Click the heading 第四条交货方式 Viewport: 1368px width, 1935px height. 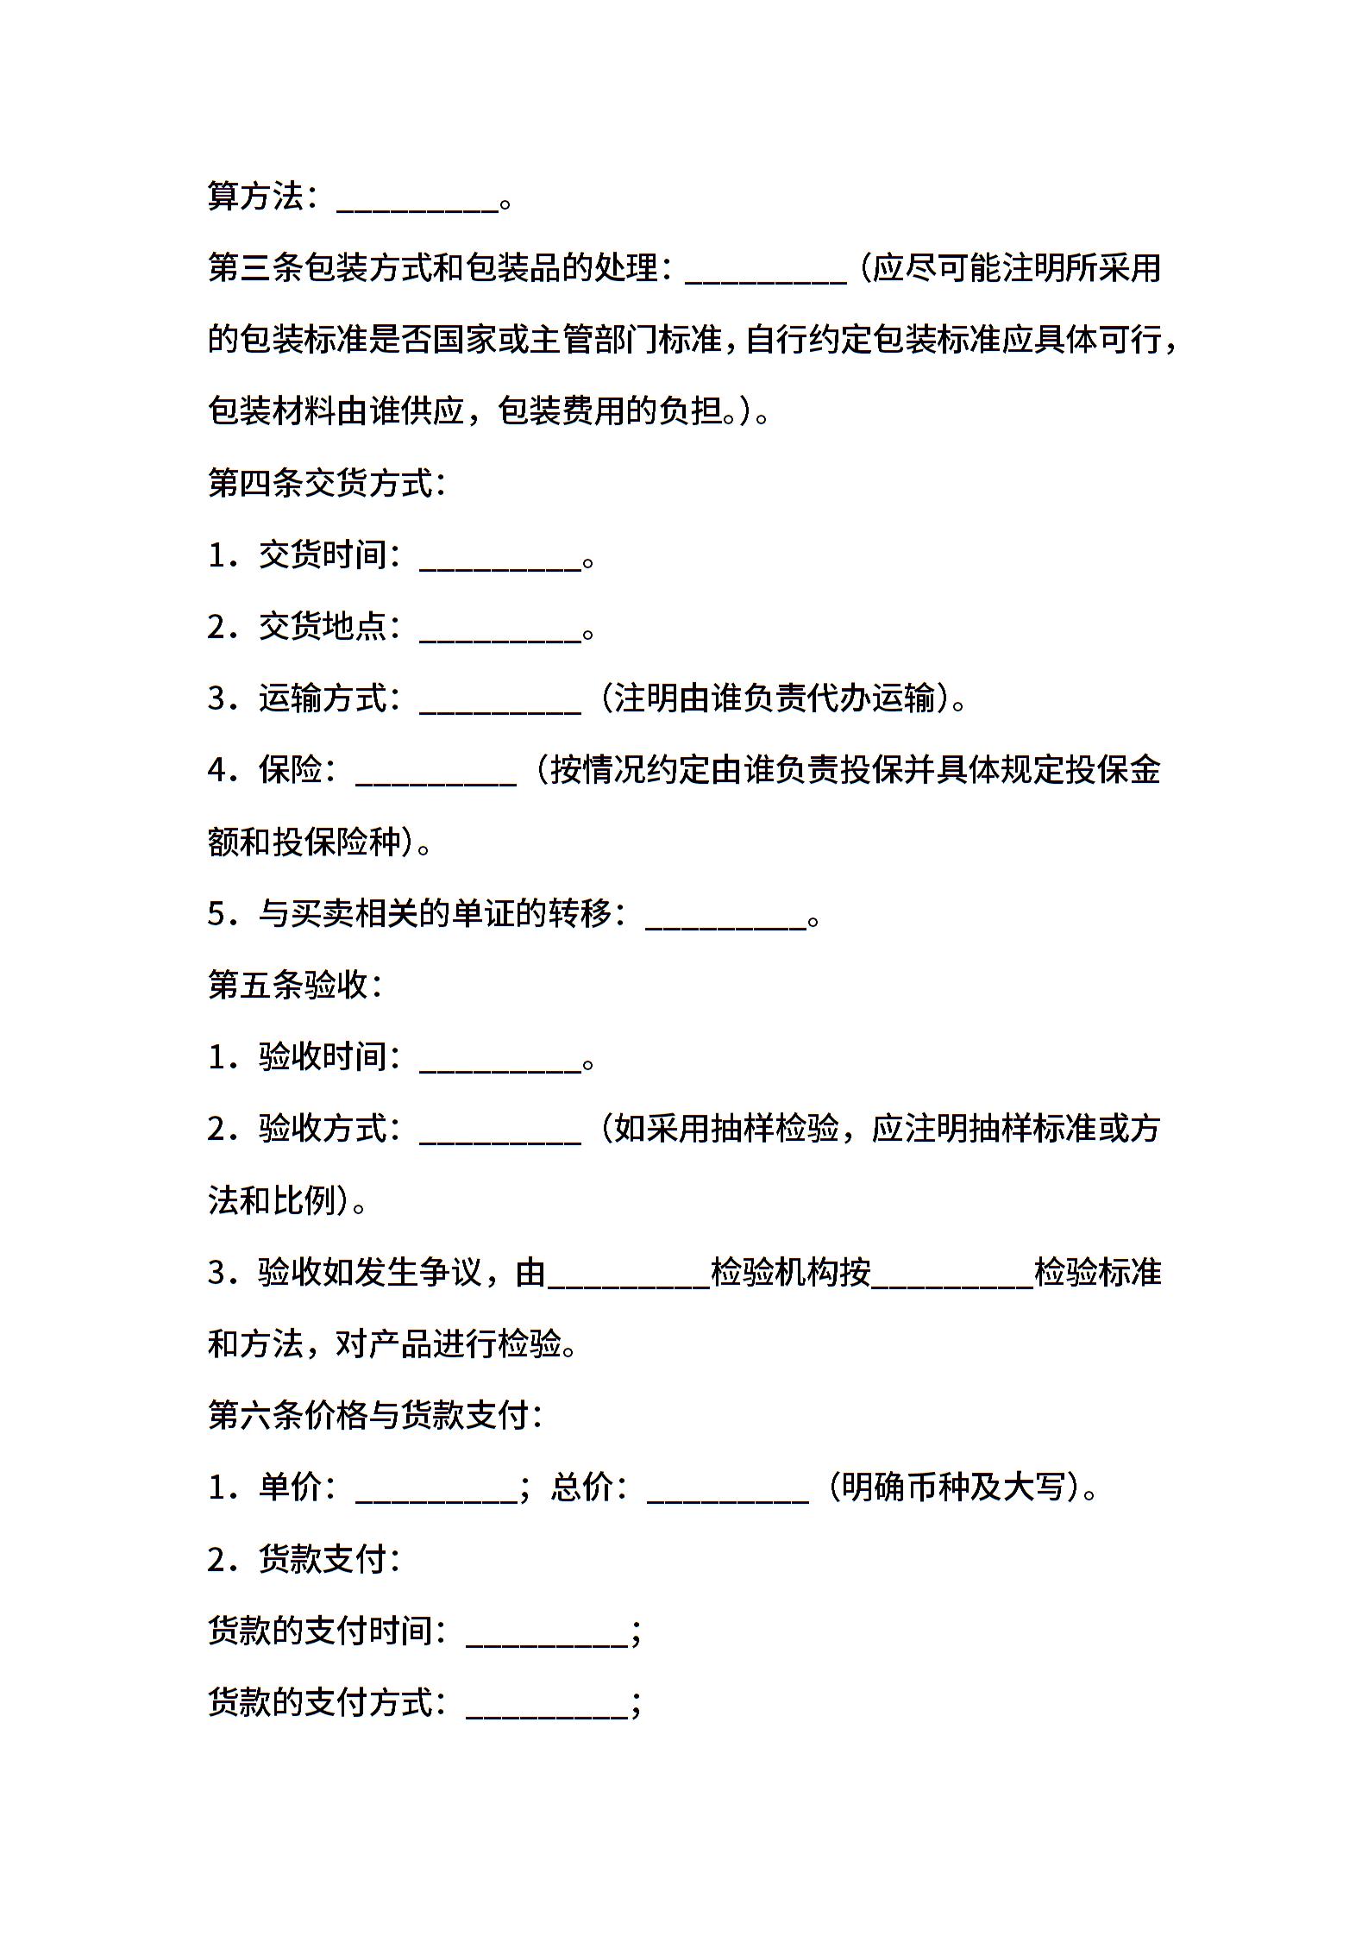pyautogui.click(x=326, y=484)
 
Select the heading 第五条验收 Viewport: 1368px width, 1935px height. pyautogui.click(x=294, y=985)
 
